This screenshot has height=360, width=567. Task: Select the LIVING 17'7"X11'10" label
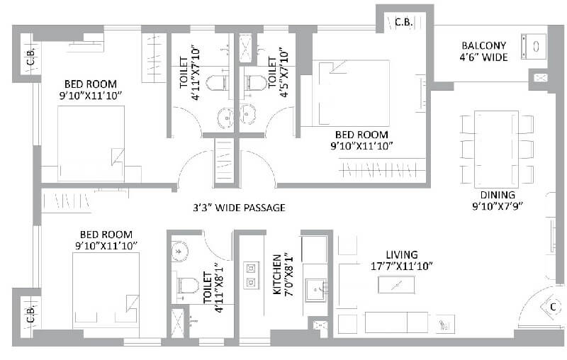click(x=402, y=260)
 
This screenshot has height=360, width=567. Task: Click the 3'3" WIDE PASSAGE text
click(x=240, y=208)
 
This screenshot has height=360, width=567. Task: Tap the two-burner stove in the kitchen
click(x=250, y=275)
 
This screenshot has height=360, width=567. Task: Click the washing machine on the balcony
click(x=534, y=45)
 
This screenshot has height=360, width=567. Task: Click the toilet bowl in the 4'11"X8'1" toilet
click(x=186, y=285)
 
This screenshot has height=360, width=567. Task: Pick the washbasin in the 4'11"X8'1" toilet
click(x=179, y=249)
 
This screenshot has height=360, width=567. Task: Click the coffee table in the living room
click(x=397, y=285)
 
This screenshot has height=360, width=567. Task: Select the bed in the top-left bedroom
click(x=91, y=143)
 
